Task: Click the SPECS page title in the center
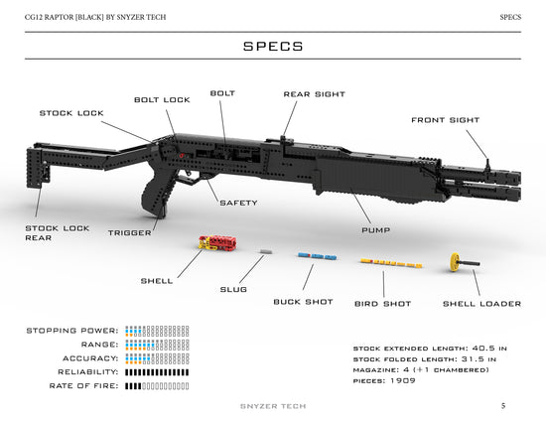[x=273, y=47]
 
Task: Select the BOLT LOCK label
[x=162, y=99]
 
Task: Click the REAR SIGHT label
[x=314, y=94]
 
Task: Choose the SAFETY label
[x=238, y=203]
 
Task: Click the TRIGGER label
[x=130, y=232]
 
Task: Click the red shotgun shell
[x=216, y=242]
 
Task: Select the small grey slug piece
[x=264, y=252]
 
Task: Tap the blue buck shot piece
[x=317, y=256]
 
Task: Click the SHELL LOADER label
[x=481, y=304]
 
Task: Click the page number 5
[x=503, y=405]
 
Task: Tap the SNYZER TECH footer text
[x=273, y=405]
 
